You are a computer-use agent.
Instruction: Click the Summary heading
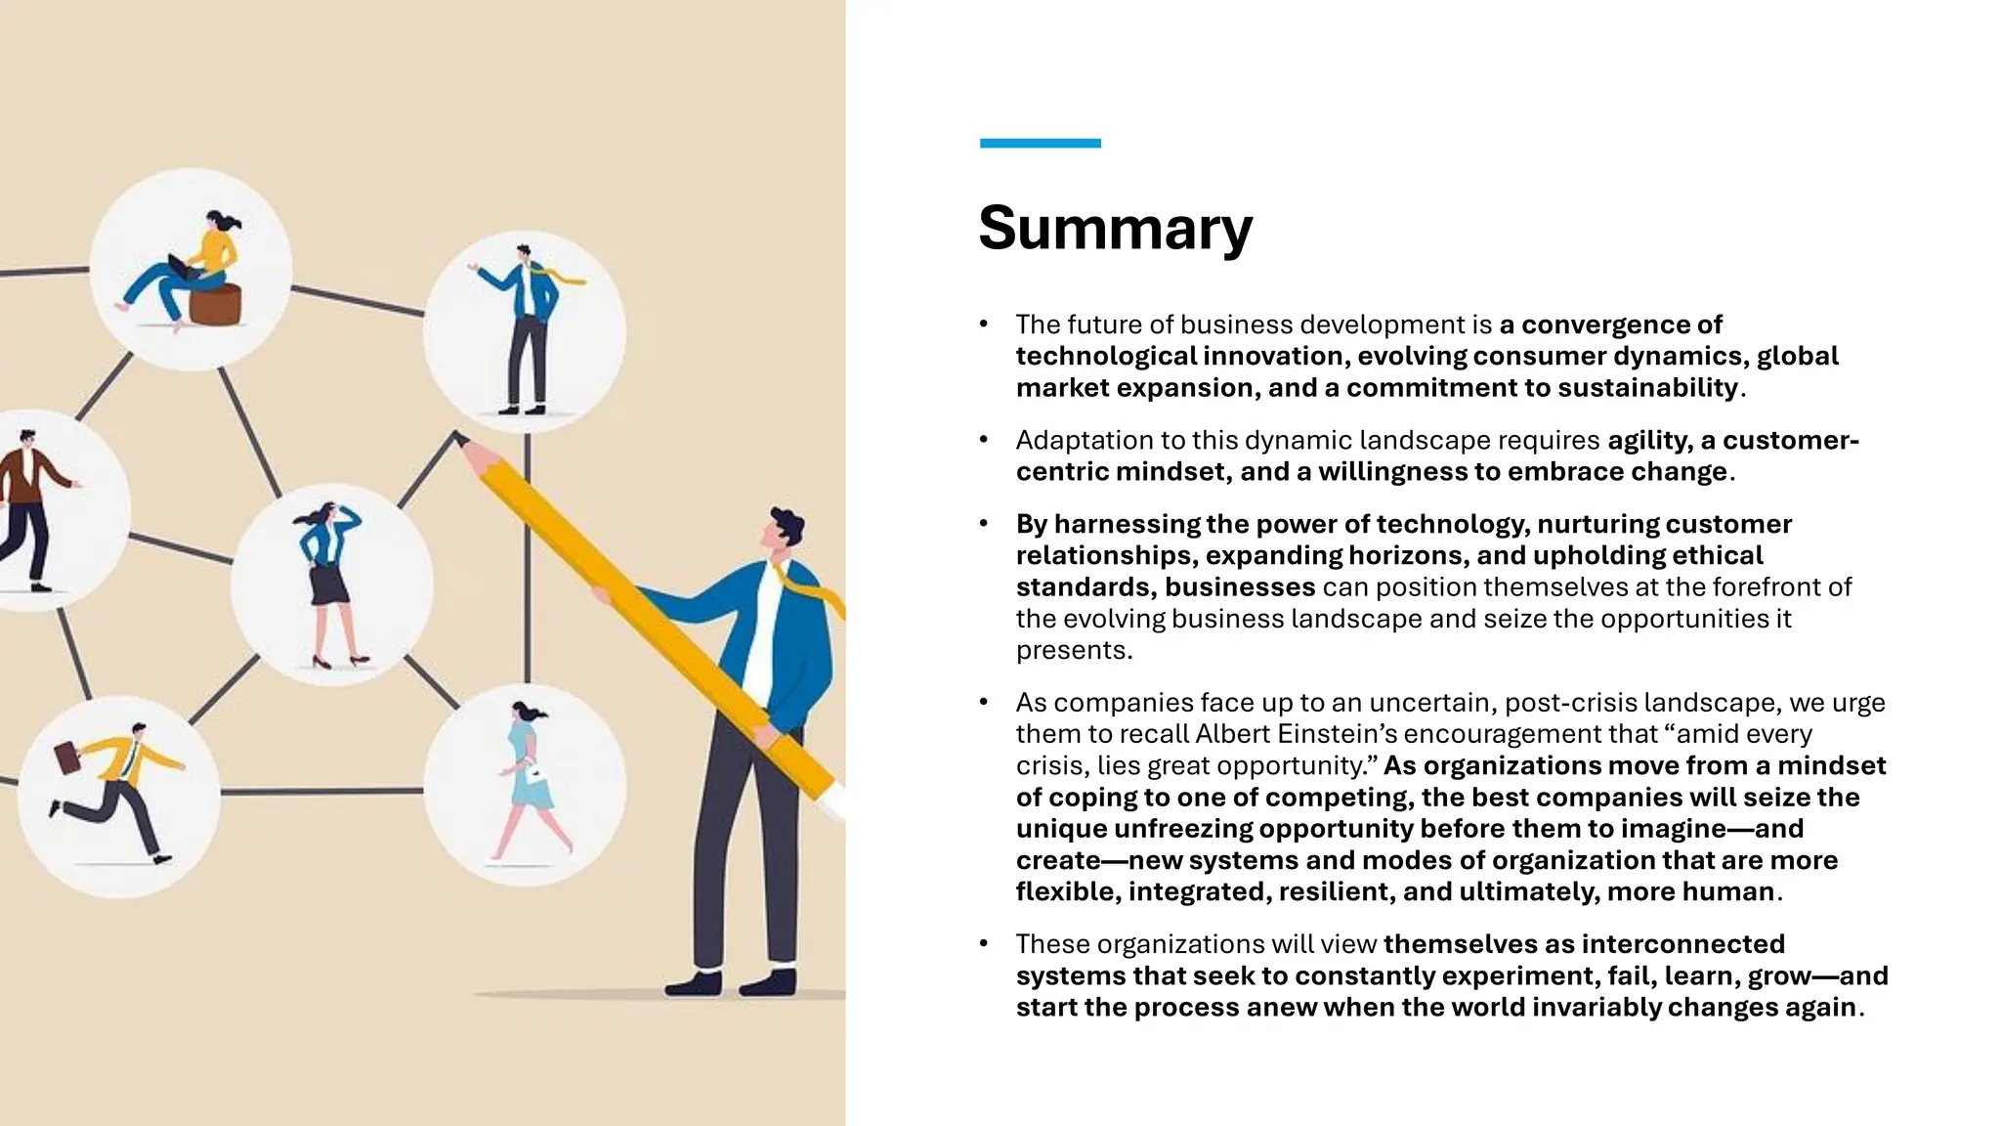1115,228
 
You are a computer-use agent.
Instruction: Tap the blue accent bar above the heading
1040,144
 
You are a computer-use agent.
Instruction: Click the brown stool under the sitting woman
215,304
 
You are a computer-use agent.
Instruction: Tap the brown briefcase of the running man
66,757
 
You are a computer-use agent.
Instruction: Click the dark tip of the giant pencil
458,438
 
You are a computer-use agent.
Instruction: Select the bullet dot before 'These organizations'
984,944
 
